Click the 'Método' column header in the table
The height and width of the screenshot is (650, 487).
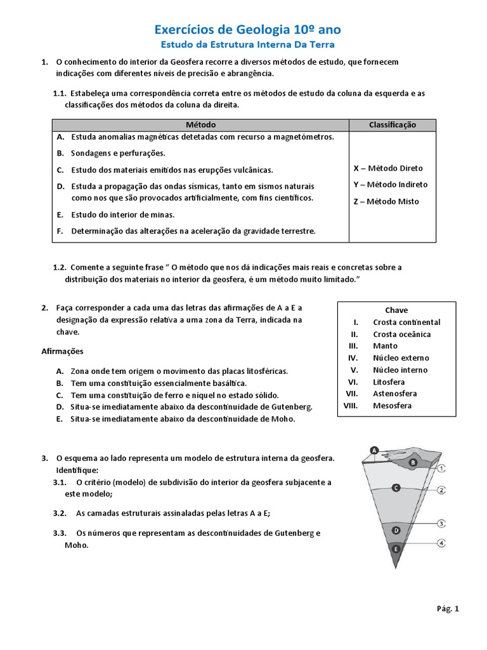click(202, 125)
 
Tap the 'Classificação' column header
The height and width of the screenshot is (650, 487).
click(393, 125)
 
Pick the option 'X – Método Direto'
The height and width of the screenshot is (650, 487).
click(387, 168)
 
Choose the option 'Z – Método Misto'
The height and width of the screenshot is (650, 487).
click(386, 201)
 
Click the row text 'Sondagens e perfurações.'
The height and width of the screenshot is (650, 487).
click(118, 153)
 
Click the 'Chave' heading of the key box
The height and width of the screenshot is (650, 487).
click(396, 310)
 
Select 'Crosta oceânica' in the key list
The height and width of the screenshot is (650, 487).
click(401, 334)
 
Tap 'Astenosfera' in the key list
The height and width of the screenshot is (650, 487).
click(395, 394)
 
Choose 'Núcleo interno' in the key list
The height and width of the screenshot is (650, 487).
click(400, 370)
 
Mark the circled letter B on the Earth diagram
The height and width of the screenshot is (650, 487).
click(413, 463)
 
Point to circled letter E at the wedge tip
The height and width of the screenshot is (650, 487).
click(396, 548)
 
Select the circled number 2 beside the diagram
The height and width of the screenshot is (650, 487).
click(441, 490)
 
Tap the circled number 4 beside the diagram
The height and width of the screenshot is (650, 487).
click(441, 543)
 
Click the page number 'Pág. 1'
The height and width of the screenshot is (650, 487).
click(447, 609)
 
